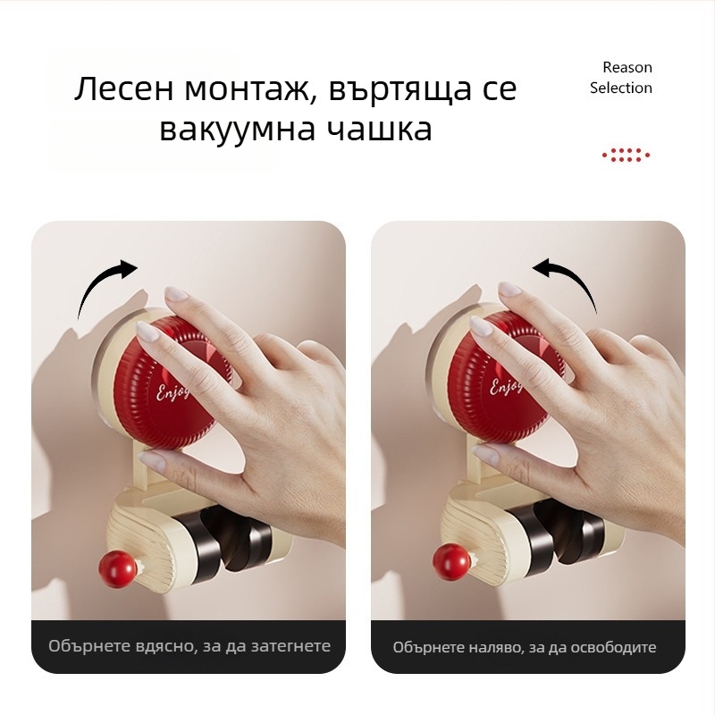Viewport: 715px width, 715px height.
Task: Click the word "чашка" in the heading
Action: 379,130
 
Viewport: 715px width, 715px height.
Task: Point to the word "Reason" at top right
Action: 627,67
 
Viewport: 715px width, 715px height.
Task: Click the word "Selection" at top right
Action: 620,88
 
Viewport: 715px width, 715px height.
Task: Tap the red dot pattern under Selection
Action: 626,156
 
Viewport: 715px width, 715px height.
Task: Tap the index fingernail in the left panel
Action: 175,293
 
